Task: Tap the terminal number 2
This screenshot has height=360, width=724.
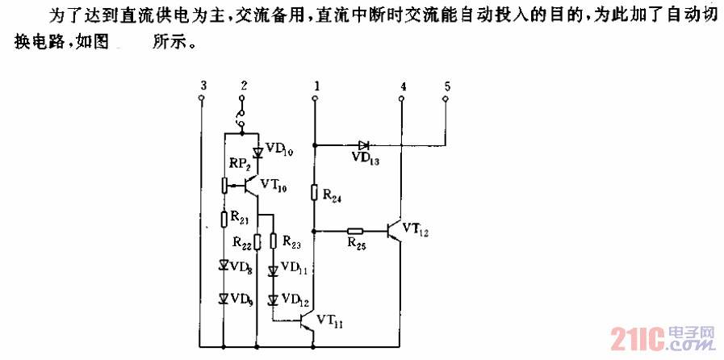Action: tap(243, 85)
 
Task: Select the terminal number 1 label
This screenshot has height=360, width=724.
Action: tap(316, 85)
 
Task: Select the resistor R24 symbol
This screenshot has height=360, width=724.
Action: tap(316, 192)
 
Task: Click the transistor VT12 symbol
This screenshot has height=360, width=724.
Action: tap(396, 230)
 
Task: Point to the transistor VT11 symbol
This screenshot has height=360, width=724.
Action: tap(308, 322)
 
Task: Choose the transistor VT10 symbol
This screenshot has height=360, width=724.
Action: tap(252, 186)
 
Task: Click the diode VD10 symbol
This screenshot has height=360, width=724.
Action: tap(257, 152)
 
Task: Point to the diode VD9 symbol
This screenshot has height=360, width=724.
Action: tap(224, 299)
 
